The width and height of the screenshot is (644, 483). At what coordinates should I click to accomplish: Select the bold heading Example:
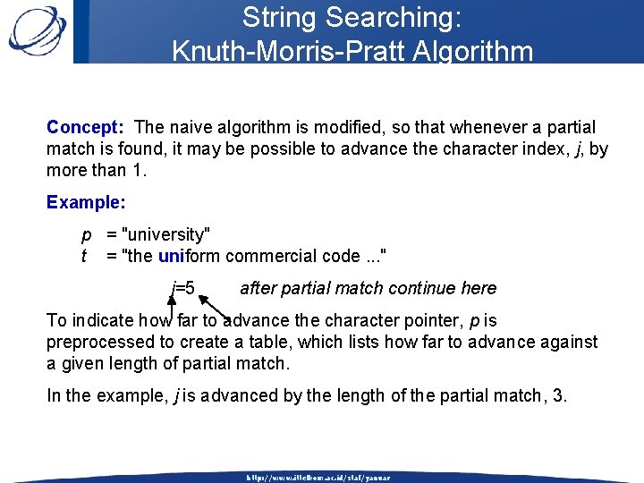(x=86, y=202)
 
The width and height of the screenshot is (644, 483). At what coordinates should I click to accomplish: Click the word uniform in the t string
(x=189, y=257)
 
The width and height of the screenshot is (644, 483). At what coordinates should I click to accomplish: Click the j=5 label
(x=183, y=288)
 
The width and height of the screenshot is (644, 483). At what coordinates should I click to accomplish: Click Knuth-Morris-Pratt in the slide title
(x=303, y=51)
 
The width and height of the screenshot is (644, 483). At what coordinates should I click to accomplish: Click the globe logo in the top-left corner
(x=37, y=30)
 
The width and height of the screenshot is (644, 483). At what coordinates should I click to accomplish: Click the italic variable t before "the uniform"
(x=84, y=257)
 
